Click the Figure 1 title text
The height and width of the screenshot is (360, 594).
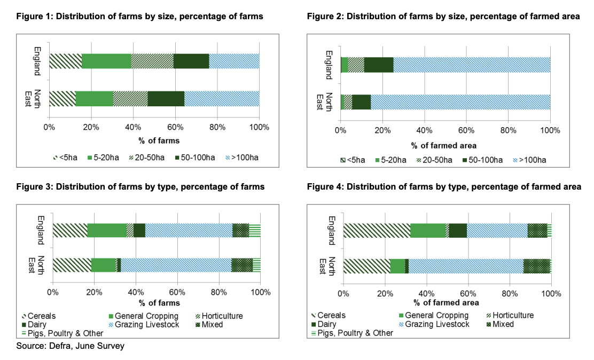(x=137, y=17)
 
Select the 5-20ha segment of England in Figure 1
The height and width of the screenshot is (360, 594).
(x=106, y=61)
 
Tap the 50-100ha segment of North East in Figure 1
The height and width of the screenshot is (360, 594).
(x=166, y=99)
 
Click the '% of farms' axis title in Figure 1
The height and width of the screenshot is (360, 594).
(x=154, y=141)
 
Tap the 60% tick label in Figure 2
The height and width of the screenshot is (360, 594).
(x=466, y=130)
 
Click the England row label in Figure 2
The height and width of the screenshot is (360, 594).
(x=329, y=65)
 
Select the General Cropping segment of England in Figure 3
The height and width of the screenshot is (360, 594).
(x=107, y=230)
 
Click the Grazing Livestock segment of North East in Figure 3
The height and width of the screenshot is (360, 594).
(x=176, y=265)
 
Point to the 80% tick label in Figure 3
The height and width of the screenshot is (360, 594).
(x=219, y=293)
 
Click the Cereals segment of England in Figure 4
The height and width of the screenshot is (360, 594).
(x=377, y=230)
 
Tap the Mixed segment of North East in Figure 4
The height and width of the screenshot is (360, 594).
(x=536, y=266)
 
